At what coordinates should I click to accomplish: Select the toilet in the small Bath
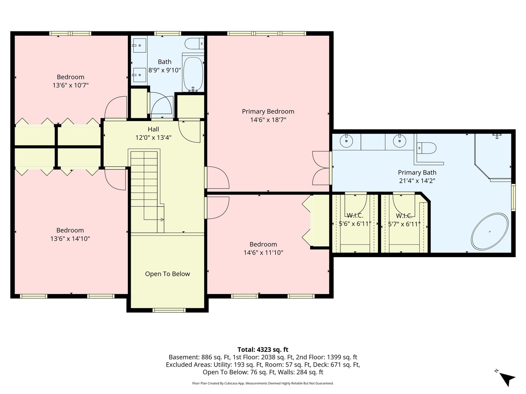pyautogui.click(x=194, y=44)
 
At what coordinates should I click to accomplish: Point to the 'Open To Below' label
pyautogui.click(x=167, y=274)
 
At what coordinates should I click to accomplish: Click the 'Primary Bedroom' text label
pyautogui.click(x=268, y=111)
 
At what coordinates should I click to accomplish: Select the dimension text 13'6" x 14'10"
pyautogui.click(x=70, y=239)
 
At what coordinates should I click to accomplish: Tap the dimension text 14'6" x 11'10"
pyautogui.click(x=263, y=252)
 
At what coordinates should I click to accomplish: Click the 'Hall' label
pyautogui.click(x=153, y=129)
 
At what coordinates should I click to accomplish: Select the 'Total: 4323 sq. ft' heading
pyautogui.click(x=263, y=349)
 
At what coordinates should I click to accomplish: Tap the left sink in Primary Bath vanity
pyautogui.click(x=346, y=140)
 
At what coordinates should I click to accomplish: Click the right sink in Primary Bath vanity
pyautogui.click(x=400, y=140)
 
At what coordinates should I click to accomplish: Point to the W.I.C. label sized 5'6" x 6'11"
pyautogui.click(x=355, y=216)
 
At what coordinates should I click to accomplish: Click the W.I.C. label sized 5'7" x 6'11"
pyautogui.click(x=404, y=216)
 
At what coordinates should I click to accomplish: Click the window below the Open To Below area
pyautogui.click(x=169, y=310)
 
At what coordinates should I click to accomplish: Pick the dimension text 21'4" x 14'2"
pyautogui.click(x=417, y=181)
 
